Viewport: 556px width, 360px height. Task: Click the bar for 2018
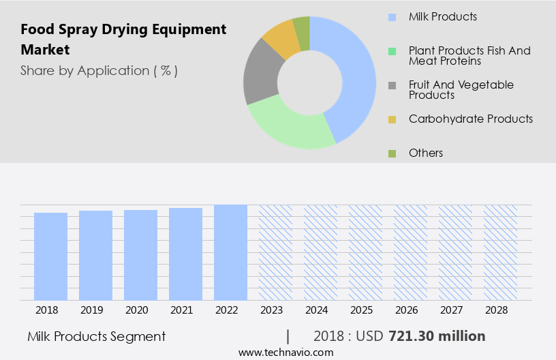click(x=50, y=256)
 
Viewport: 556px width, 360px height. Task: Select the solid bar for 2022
click(x=230, y=252)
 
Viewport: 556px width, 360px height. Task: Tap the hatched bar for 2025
click(x=365, y=252)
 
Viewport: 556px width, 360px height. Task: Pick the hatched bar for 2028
click(x=500, y=252)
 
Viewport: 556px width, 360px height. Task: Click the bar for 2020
click(x=140, y=255)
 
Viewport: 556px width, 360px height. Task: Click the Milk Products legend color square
click(x=392, y=17)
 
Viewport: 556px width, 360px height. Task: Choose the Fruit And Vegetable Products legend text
click(x=461, y=89)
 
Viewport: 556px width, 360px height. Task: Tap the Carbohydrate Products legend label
click(x=470, y=119)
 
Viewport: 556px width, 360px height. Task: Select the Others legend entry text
click(x=425, y=153)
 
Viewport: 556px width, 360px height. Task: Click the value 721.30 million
click(x=436, y=336)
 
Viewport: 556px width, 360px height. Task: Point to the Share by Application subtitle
click(x=99, y=71)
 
